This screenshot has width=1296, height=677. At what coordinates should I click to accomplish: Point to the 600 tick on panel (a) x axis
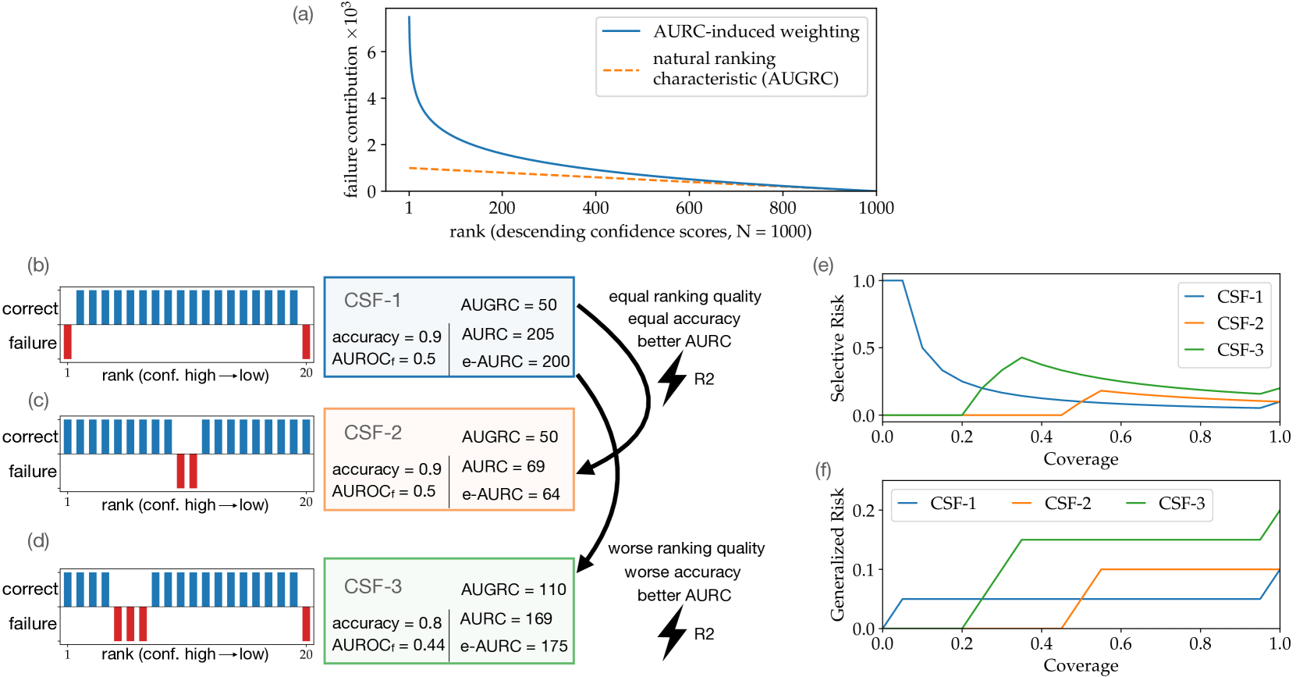tap(689, 208)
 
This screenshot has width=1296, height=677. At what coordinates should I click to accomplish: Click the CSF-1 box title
tap(372, 300)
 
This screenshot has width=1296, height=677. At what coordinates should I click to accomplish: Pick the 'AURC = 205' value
tap(508, 334)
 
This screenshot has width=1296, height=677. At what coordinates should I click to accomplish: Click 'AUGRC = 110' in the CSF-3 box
tap(513, 590)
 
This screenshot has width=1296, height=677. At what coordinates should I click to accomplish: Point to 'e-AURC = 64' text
tap(511, 494)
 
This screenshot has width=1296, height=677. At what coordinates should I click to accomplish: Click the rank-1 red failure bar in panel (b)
tap(68, 341)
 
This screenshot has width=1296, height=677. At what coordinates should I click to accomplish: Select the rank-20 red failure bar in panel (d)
tap(306, 624)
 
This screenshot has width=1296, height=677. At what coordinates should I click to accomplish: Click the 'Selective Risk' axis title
tap(837, 348)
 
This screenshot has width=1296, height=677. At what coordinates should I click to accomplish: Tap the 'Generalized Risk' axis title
tap(837, 555)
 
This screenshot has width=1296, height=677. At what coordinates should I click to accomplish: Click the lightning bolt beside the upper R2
tap(672, 378)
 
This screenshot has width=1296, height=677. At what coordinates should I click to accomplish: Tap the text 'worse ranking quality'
tap(687, 548)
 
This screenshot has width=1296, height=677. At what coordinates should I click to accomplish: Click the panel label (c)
tap(38, 401)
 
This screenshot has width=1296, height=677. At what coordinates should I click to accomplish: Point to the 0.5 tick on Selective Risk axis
tap(864, 348)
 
